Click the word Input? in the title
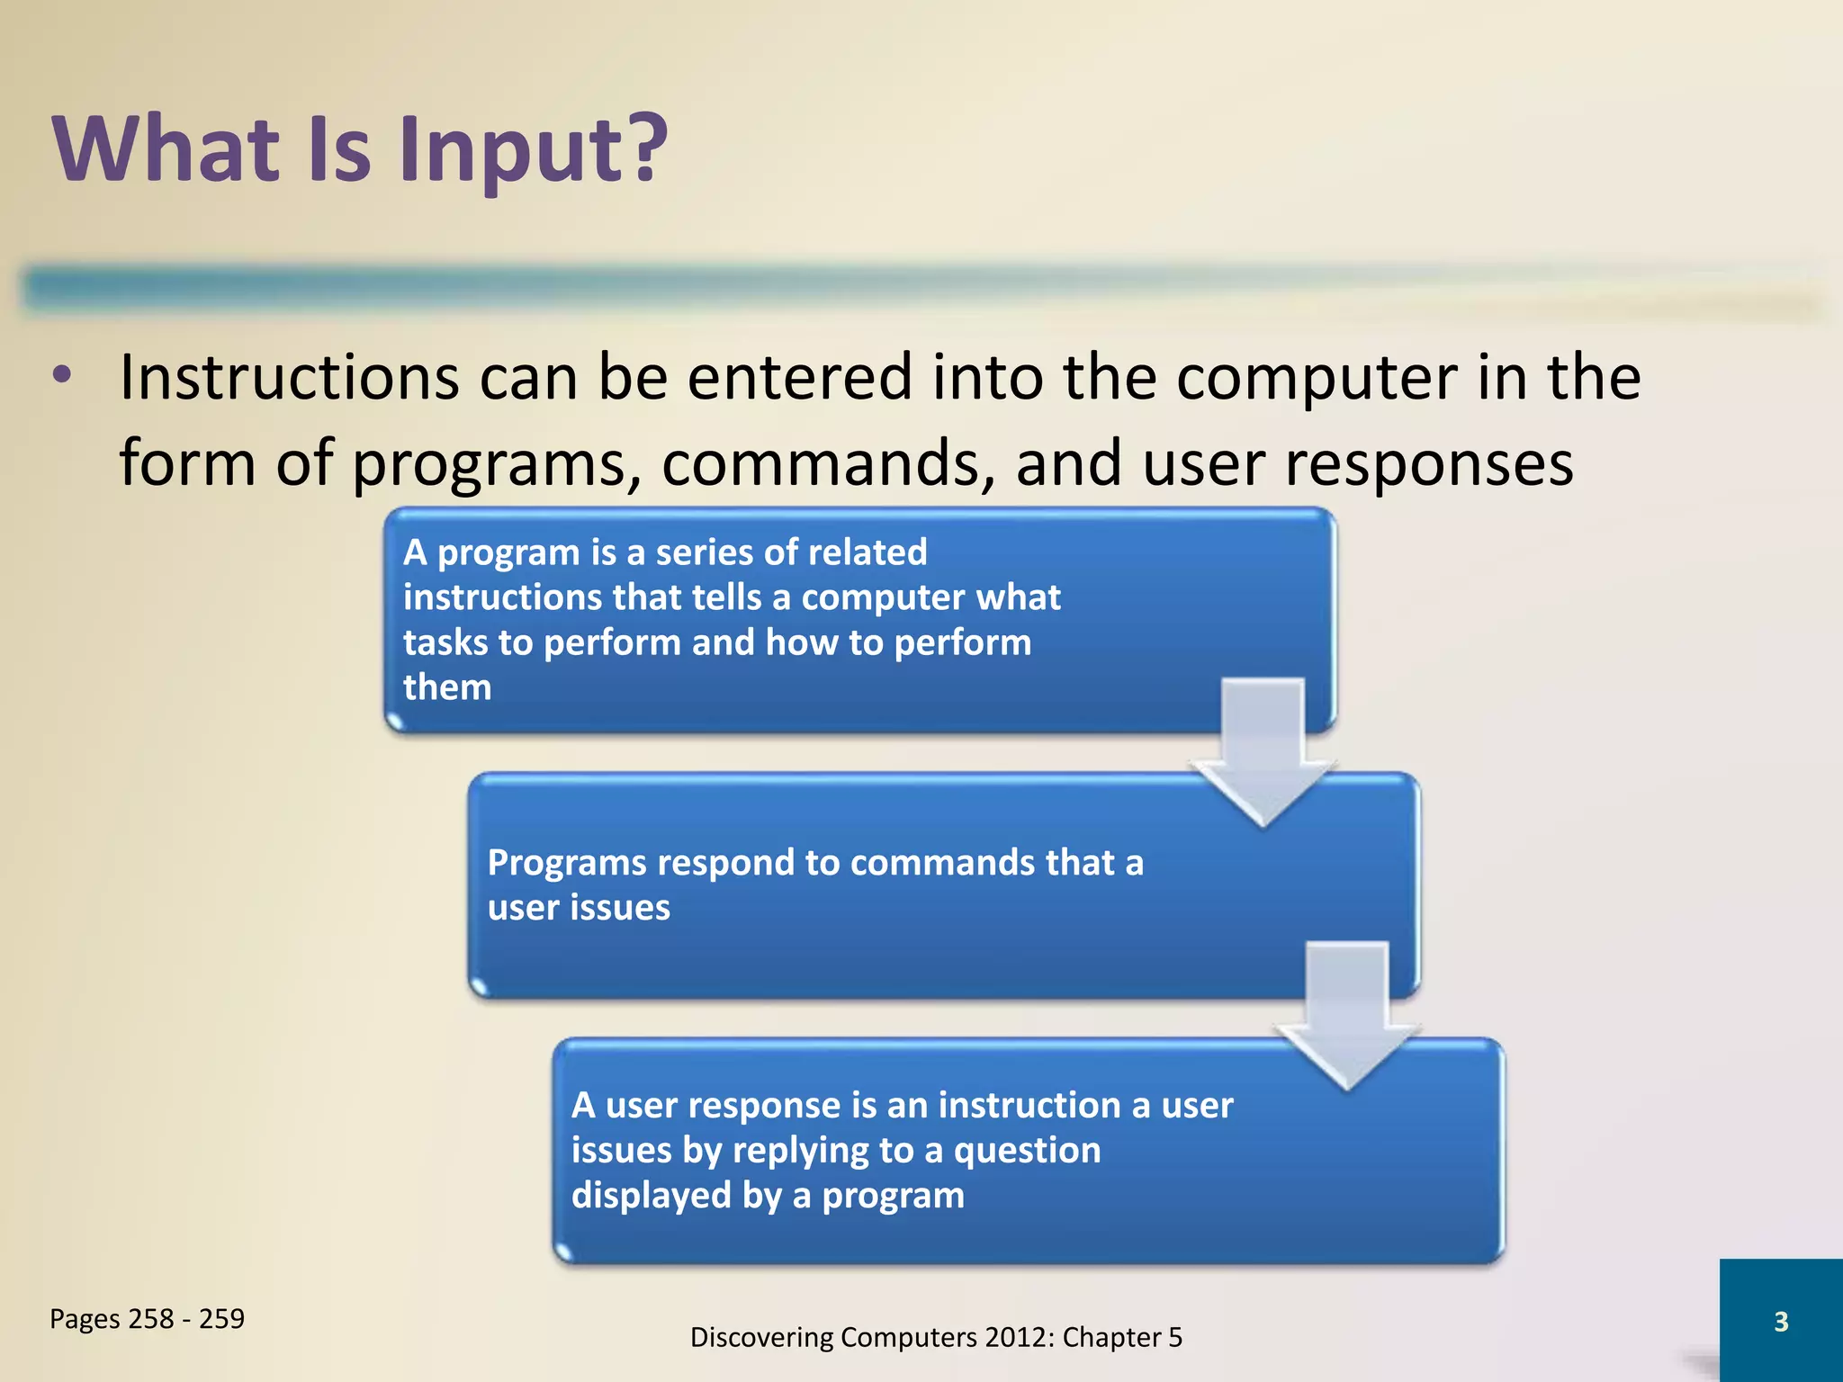click(533, 151)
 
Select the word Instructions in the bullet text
click(290, 377)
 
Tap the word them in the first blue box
click(447, 687)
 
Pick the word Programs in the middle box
click(567, 863)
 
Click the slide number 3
click(1780, 1322)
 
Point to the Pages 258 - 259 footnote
click(147, 1319)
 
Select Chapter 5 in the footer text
click(1122, 1338)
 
